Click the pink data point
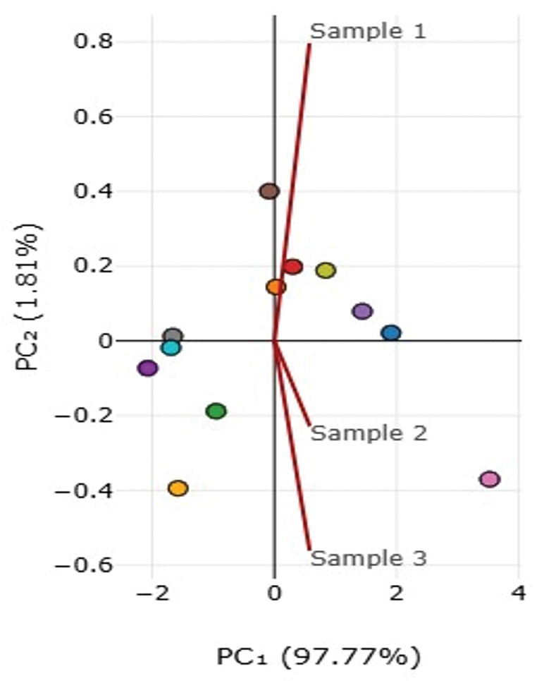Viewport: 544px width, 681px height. (x=490, y=479)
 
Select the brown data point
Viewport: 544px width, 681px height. (x=269, y=191)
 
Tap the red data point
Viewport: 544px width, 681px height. (x=293, y=267)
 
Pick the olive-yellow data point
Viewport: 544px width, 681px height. (x=326, y=270)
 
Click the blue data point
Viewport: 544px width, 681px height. (x=391, y=333)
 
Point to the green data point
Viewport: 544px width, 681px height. (x=216, y=411)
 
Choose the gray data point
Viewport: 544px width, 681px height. (x=173, y=336)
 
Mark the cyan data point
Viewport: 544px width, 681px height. (x=171, y=348)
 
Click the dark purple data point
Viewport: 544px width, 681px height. (x=147, y=368)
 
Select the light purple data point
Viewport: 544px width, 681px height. (x=363, y=311)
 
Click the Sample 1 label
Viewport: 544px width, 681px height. (x=368, y=31)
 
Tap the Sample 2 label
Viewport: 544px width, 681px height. (x=369, y=433)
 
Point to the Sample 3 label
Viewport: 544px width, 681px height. (x=369, y=558)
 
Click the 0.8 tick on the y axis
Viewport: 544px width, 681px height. (x=93, y=42)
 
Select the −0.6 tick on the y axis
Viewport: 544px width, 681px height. (x=84, y=565)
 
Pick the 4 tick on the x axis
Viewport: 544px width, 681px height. (x=519, y=593)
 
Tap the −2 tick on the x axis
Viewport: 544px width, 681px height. (x=152, y=593)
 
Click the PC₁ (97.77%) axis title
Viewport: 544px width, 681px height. (x=319, y=656)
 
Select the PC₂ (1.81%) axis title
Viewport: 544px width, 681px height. (x=28, y=297)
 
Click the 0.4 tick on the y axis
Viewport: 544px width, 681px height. (x=93, y=191)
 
